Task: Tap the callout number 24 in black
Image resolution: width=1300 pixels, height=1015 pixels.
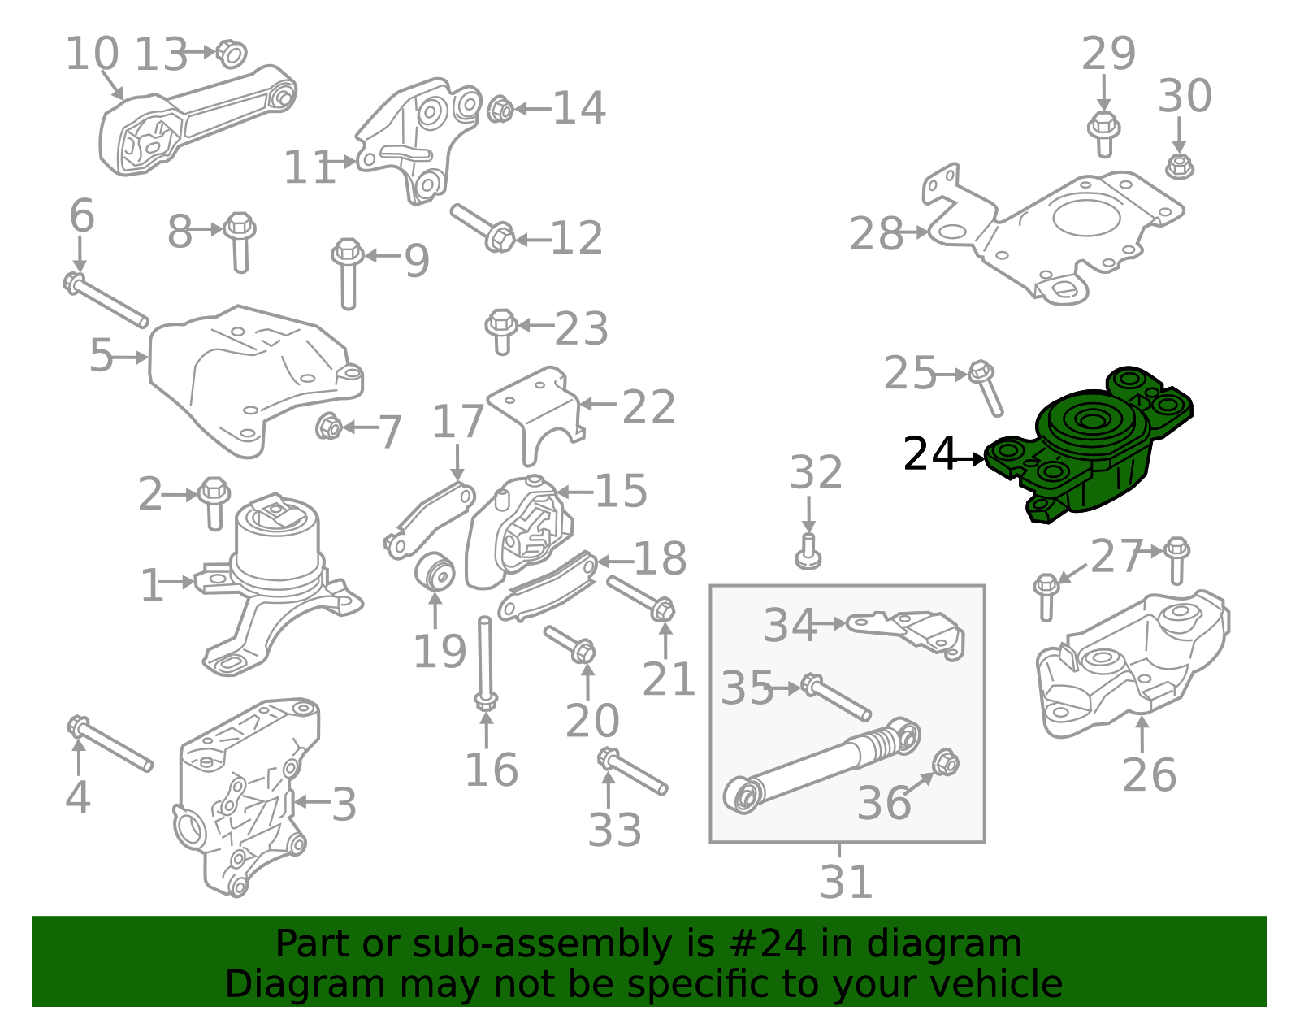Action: [929, 454]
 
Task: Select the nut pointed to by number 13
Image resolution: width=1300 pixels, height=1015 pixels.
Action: [232, 54]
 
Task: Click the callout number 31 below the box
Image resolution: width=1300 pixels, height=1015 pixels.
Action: [846, 882]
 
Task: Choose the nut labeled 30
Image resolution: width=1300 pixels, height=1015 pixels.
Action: [1179, 167]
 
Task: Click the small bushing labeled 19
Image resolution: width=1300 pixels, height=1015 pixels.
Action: [435, 571]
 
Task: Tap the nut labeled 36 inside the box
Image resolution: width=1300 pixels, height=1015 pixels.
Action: [945, 763]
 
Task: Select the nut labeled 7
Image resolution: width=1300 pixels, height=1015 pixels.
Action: [328, 426]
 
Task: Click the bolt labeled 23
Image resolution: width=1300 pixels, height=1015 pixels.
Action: [502, 330]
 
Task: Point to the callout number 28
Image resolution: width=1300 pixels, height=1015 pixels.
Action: [876, 234]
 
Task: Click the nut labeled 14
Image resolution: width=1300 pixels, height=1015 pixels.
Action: [500, 109]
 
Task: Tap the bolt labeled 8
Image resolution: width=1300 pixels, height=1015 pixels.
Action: [240, 239]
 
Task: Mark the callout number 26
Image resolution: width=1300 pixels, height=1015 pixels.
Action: [1149, 774]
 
